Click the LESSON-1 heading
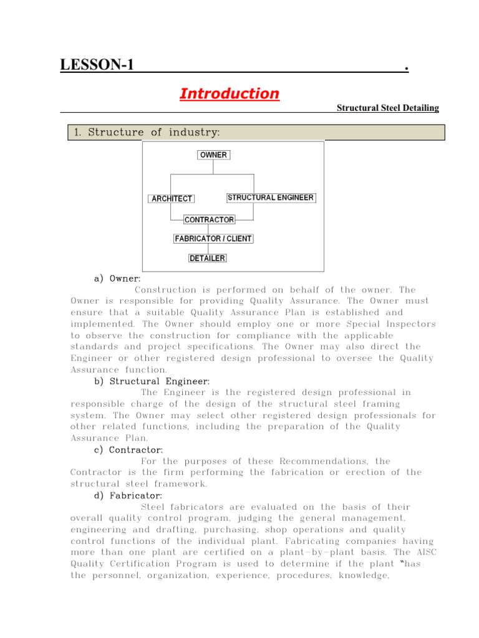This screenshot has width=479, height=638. (97, 65)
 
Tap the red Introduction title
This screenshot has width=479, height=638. (229, 94)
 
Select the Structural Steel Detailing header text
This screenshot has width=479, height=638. (387, 108)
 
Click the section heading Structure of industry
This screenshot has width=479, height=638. (147, 132)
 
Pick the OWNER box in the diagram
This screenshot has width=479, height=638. (213, 155)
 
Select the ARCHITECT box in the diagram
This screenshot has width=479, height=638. (172, 199)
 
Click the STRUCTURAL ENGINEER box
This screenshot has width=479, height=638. (271, 198)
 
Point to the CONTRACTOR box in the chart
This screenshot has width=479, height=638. (209, 220)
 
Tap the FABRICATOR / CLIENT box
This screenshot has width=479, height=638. (213, 239)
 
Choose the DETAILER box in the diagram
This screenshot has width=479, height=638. (208, 258)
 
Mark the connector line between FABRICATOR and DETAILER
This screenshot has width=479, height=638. (208, 249)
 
